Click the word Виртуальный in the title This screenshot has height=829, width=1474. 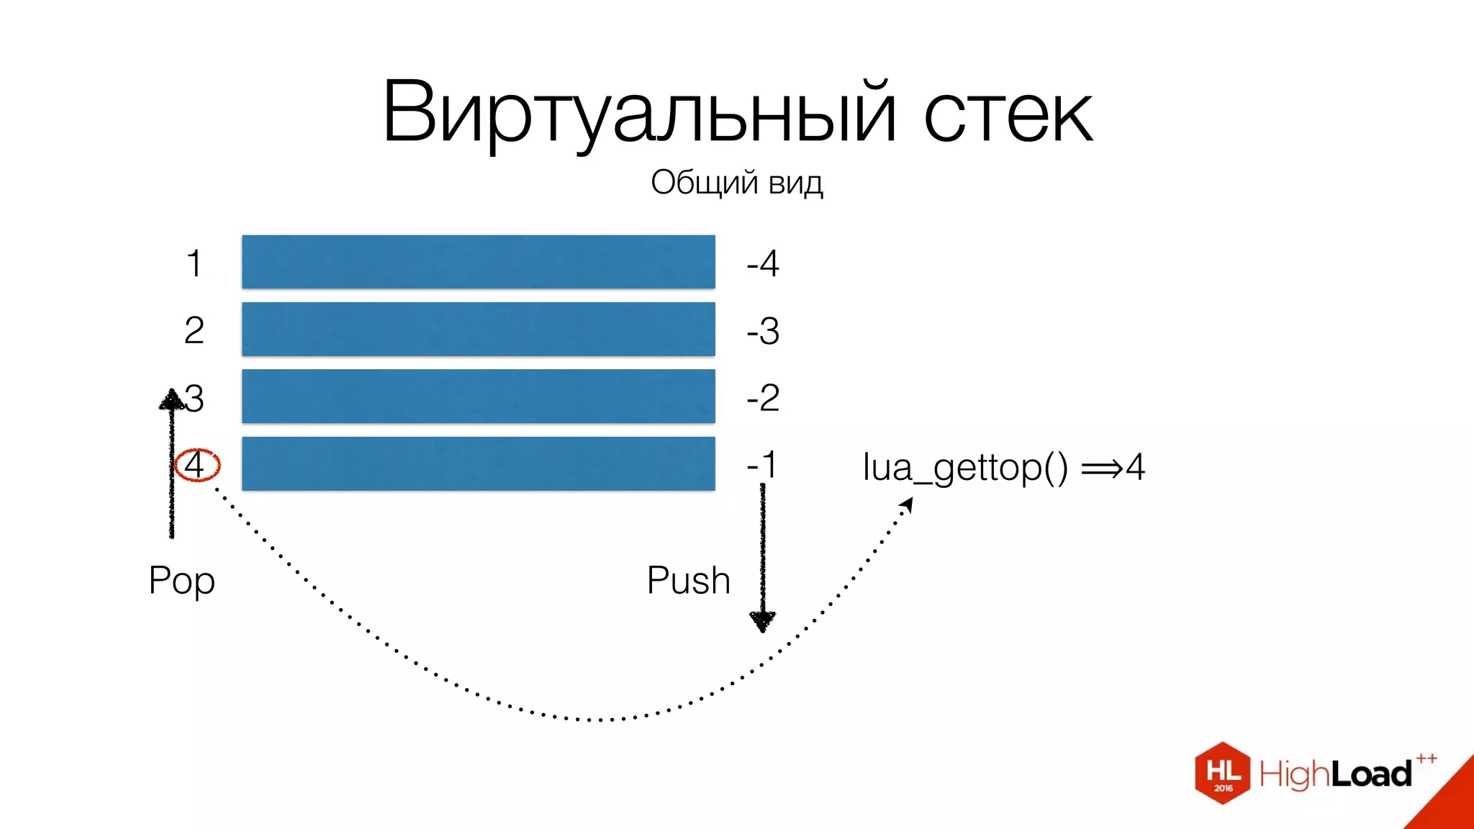639,114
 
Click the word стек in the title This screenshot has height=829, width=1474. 1008,115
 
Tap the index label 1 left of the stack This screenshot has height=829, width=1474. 194,263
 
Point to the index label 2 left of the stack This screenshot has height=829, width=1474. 194,331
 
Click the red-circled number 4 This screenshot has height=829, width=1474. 196,465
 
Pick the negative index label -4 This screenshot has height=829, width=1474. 763,263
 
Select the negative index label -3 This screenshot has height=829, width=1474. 763,331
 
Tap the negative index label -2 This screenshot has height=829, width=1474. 763,398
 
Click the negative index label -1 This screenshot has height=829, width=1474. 761,465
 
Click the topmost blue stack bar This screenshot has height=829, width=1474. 478,262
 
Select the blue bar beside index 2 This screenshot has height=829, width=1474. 478,329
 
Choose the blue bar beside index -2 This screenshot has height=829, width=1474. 478,396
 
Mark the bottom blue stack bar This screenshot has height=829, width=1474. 478,463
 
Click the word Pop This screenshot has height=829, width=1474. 182,581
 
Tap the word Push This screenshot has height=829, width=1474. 688,581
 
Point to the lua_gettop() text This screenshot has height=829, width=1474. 965,468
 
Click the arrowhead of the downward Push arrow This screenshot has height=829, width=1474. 762,621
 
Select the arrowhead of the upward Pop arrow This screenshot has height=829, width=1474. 172,399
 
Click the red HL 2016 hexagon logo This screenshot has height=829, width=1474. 1223,773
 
